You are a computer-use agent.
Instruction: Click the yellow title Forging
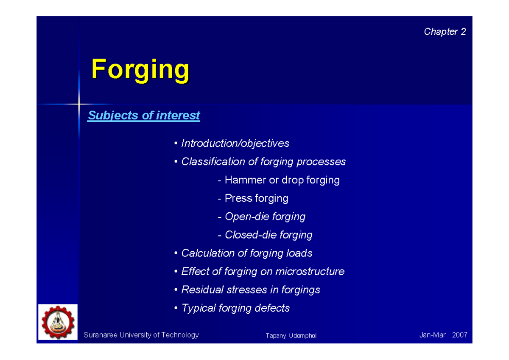coord(140,70)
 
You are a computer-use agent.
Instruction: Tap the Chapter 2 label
coord(445,32)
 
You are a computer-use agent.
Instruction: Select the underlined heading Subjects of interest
coord(143,115)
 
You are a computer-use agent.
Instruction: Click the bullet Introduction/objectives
coord(235,143)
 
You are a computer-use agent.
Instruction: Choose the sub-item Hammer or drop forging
coord(282,180)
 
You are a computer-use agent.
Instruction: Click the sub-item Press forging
coord(256,198)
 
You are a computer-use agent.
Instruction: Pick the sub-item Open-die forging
coord(265,217)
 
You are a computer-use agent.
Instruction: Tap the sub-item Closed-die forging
coord(268,235)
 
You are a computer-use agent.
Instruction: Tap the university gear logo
coord(58,322)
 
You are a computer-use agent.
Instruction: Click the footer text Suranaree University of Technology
coord(141,335)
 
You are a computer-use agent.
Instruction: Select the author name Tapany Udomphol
coord(291,336)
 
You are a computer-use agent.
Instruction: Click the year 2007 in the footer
coord(459,335)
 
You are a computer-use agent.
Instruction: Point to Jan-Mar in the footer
coord(432,335)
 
